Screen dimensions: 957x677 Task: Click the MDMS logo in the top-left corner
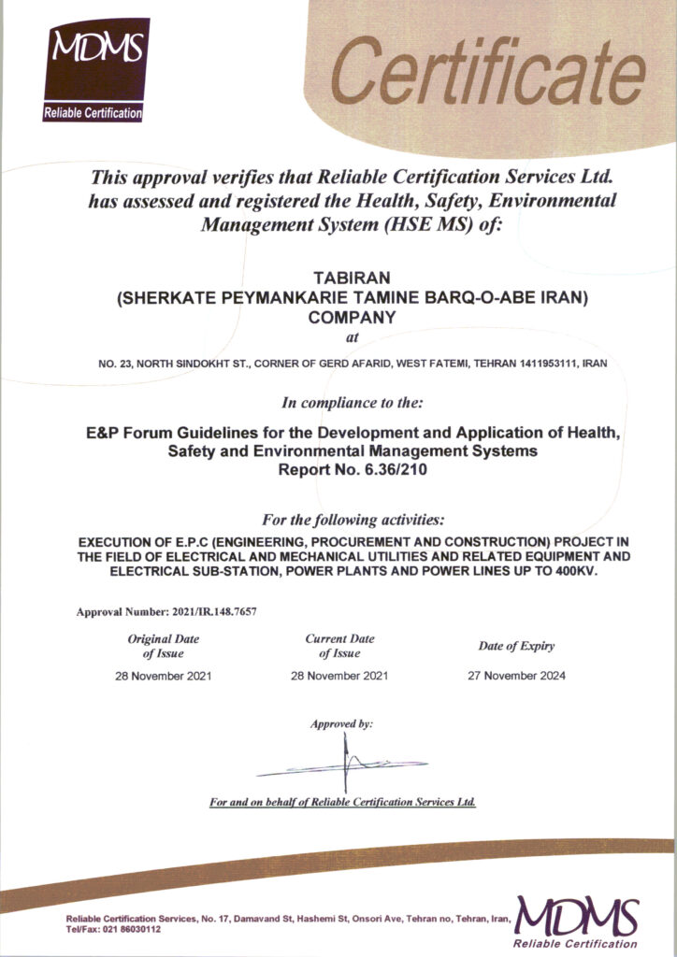pyautogui.click(x=96, y=69)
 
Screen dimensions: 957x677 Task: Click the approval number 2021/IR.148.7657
pyautogui.click(x=203, y=612)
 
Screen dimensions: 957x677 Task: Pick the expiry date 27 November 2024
pyautogui.click(x=516, y=675)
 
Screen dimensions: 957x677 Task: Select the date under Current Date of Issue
pyautogui.click(x=339, y=675)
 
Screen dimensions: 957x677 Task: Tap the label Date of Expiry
pyautogui.click(x=516, y=646)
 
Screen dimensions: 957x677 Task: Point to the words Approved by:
pyautogui.click(x=341, y=723)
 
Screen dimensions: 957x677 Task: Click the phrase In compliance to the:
pyautogui.click(x=353, y=404)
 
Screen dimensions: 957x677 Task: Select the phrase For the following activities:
pyautogui.click(x=353, y=519)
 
